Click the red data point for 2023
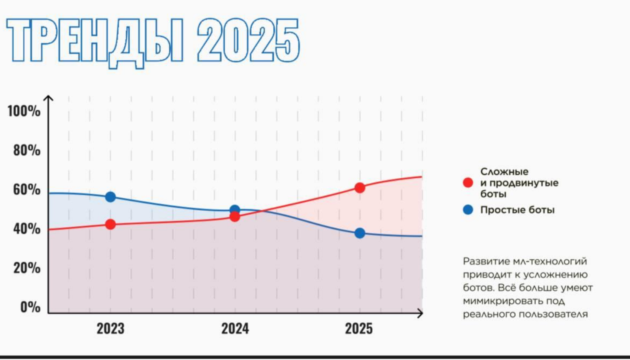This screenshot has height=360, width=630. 110,224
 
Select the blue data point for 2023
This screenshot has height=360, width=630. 110,197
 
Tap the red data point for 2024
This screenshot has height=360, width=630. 234,216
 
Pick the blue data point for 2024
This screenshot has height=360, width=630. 234,210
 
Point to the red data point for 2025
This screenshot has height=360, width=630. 359,188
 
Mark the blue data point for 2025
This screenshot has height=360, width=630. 359,233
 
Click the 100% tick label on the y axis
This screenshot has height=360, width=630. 24,111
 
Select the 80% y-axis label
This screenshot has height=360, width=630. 26,150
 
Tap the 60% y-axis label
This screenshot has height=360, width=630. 26,190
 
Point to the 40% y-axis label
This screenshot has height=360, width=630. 26,228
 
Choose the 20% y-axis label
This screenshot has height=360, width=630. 26,268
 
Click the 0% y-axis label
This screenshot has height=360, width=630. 30,307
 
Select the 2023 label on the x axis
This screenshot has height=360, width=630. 110,328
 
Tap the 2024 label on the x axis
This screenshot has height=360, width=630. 235,328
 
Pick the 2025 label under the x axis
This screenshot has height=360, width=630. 358,328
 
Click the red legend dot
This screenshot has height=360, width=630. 468,183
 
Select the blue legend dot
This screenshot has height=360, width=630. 468,210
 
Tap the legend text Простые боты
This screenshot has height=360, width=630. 517,210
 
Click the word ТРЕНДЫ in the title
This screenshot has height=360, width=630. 95,42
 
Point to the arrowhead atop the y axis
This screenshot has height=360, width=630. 48,98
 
